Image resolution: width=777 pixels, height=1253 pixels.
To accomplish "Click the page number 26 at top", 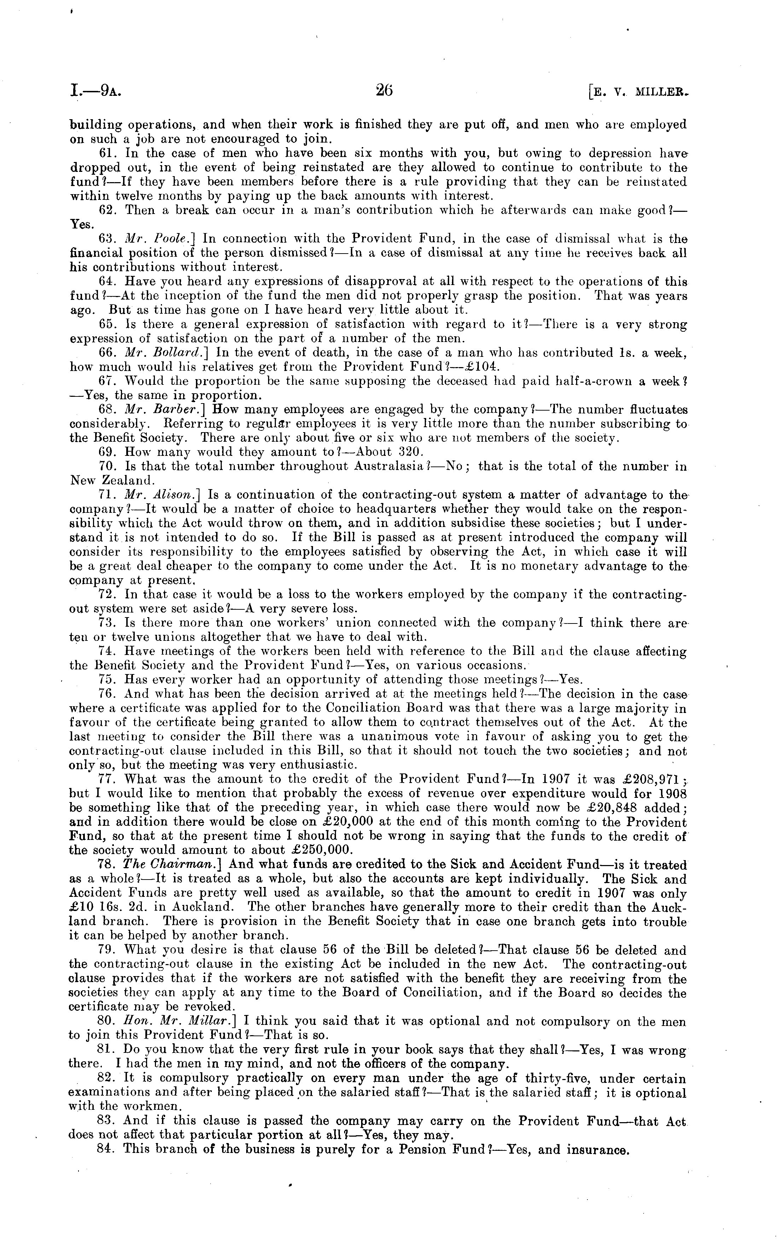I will pos(384,91).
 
